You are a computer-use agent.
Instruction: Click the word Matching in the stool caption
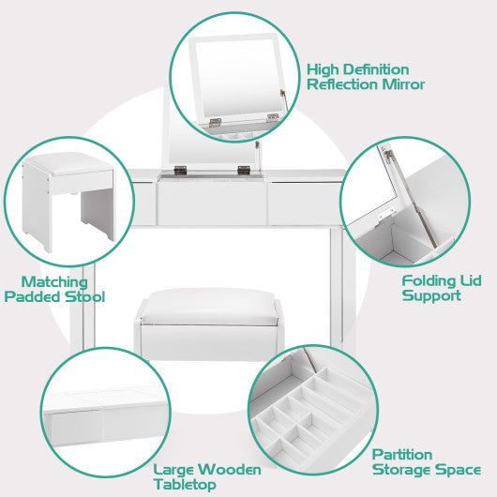[x=55, y=281]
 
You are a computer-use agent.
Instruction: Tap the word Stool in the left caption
[x=83, y=296]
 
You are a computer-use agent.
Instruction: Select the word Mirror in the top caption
[x=404, y=84]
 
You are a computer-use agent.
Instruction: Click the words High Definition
[x=358, y=69]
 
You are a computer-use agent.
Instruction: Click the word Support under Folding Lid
[x=431, y=295]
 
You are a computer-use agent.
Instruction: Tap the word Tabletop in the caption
[x=185, y=484]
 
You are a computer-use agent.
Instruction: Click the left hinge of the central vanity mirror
[x=179, y=170]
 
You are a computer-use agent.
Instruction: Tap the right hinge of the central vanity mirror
[x=245, y=170]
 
